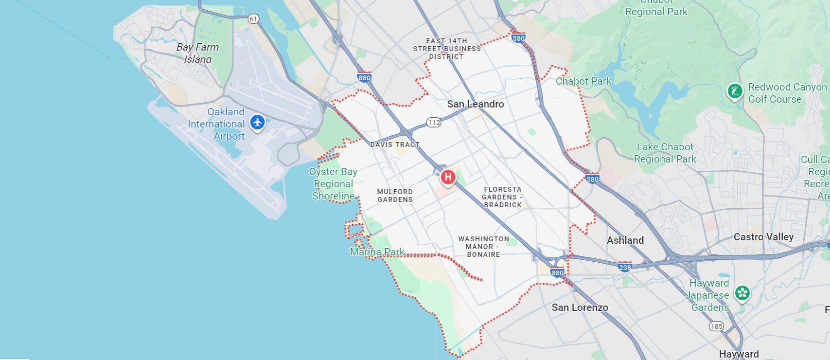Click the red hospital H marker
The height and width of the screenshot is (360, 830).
[x=448, y=177]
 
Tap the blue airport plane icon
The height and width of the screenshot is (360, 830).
[x=257, y=122]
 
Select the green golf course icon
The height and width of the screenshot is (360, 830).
[x=734, y=91]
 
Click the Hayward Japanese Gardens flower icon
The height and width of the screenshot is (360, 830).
[x=742, y=292]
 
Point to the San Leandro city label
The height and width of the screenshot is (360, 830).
[x=475, y=104]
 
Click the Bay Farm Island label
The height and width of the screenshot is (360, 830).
[x=197, y=53]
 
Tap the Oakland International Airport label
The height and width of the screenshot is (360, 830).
[x=216, y=124]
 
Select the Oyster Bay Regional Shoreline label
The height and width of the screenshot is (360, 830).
[x=333, y=184]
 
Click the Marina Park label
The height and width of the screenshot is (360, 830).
[x=377, y=252]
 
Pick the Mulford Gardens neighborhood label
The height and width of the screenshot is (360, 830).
[x=395, y=196]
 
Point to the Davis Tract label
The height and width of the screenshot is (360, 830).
[x=394, y=144]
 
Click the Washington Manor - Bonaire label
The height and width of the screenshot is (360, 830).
[x=483, y=247]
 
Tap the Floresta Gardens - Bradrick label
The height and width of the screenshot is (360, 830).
[x=502, y=197]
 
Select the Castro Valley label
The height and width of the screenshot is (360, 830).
[x=763, y=237]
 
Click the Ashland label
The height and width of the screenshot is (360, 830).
[x=625, y=240]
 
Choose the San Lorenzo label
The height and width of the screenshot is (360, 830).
[x=580, y=307]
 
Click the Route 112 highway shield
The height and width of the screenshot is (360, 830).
[x=434, y=122]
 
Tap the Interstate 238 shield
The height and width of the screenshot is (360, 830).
[x=625, y=267]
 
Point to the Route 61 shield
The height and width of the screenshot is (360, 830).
[x=253, y=19]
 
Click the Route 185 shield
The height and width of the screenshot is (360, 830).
[x=716, y=326]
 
